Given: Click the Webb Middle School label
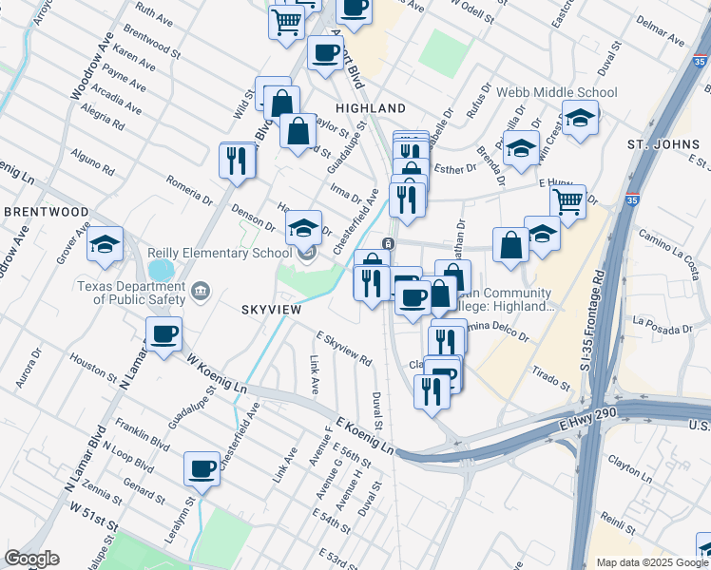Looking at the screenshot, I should pyautogui.click(x=556, y=93).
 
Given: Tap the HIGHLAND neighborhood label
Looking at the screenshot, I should pyautogui.click(x=370, y=108).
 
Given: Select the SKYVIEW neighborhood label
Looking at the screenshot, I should pyautogui.click(x=271, y=310).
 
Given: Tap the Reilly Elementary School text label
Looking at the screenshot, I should pyautogui.click(x=220, y=253).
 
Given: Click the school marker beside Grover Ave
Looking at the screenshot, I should pyautogui.click(x=106, y=244).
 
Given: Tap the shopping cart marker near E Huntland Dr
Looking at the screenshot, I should pyautogui.click(x=567, y=201).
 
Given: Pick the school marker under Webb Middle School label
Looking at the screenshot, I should pyautogui.click(x=579, y=120).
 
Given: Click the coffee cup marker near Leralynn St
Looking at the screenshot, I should pyautogui.click(x=202, y=467).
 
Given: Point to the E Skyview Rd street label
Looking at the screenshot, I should pyautogui.click(x=344, y=349).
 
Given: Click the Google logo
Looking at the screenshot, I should pyautogui.click(x=31, y=559).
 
